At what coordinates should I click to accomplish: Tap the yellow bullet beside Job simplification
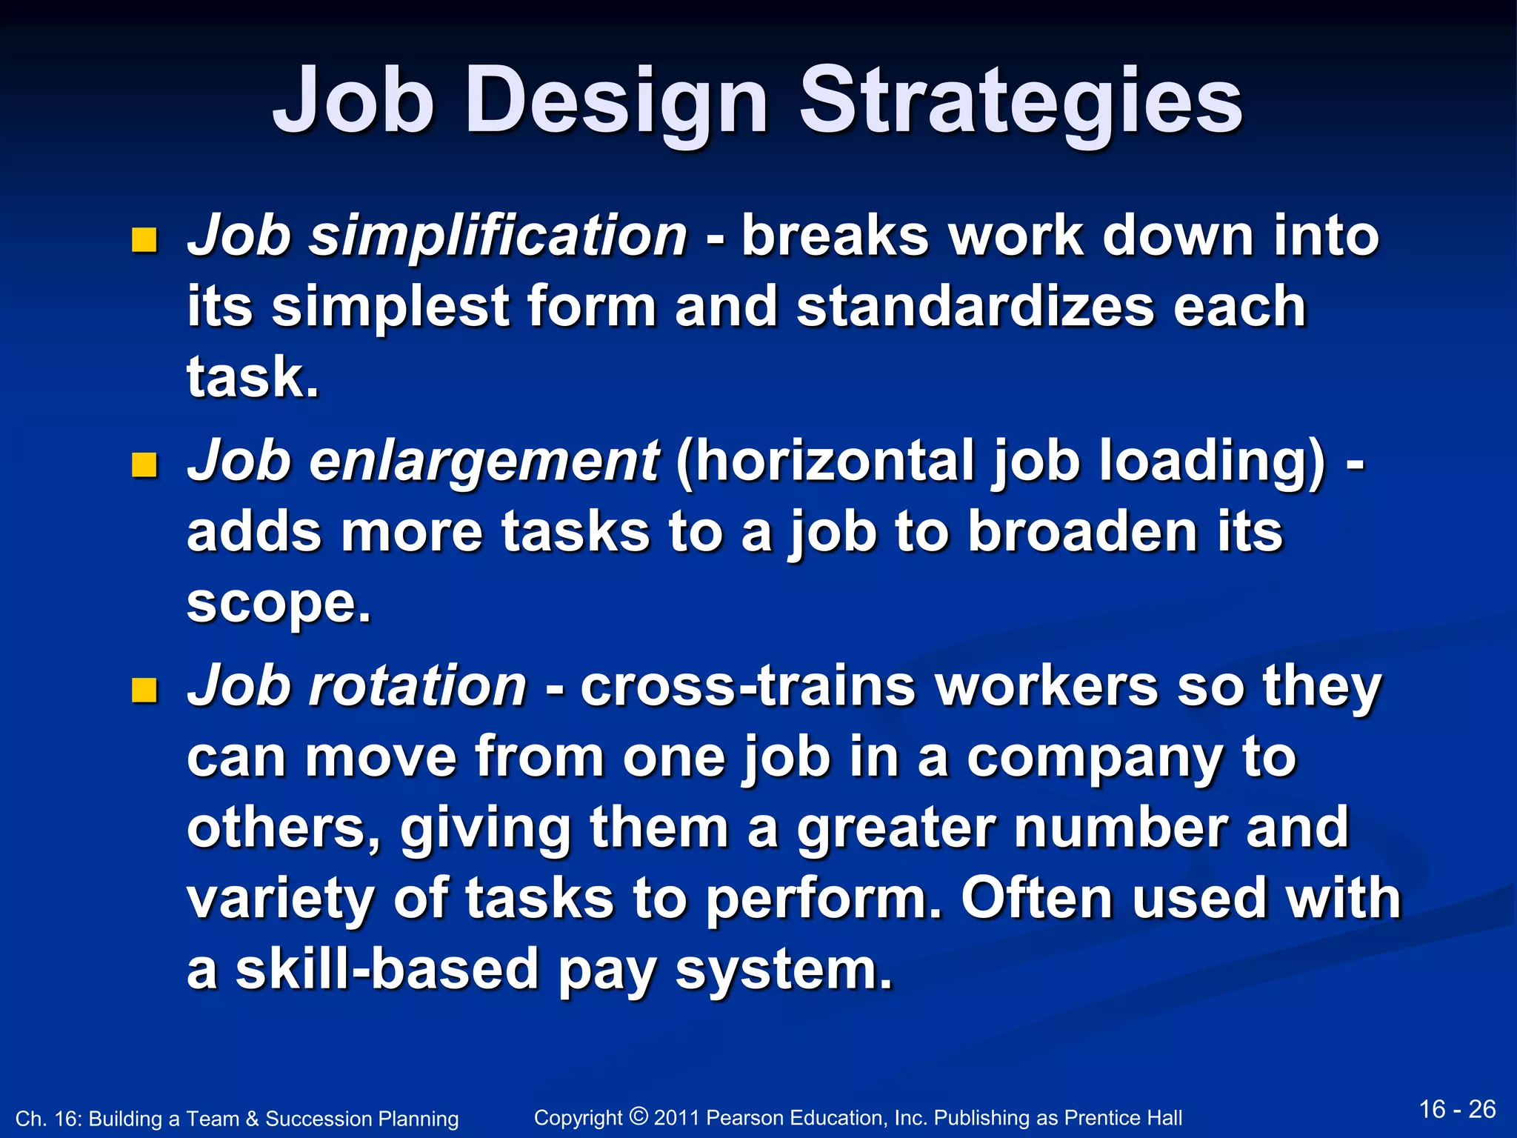click(x=144, y=240)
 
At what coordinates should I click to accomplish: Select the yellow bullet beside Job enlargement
click(x=144, y=465)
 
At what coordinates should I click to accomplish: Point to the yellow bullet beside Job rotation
click(x=144, y=691)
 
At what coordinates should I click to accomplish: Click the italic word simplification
click(x=499, y=236)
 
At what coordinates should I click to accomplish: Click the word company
click(x=1095, y=757)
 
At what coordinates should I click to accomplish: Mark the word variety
click(x=280, y=899)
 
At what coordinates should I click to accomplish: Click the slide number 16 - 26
click(x=1457, y=1109)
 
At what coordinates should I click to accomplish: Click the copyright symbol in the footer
click(x=639, y=1115)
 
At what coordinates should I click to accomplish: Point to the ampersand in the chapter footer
click(x=252, y=1119)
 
